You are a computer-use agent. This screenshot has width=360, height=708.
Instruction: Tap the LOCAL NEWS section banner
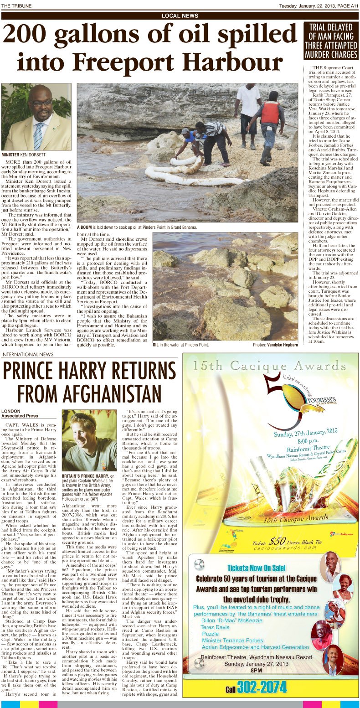[x=180, y=16]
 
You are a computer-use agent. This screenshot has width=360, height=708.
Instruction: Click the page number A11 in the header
[x=352, y=5]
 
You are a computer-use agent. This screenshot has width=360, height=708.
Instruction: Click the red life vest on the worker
[x=270, y=113]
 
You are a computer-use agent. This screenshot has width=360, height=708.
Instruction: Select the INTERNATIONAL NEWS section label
[x=27, y=354]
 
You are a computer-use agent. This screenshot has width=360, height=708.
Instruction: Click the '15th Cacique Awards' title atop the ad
[x=266, y=365]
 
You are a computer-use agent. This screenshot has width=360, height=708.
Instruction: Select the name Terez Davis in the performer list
[x=215, y=627]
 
